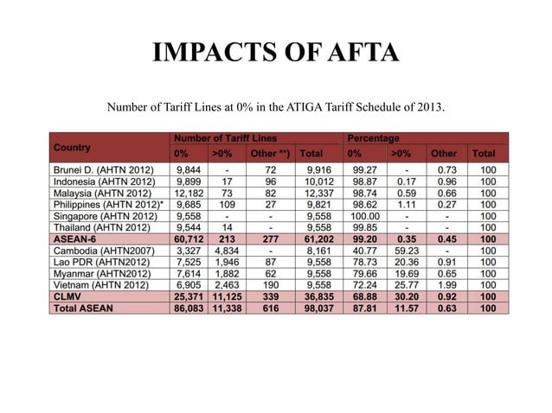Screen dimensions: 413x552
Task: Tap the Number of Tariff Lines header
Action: point(225,138)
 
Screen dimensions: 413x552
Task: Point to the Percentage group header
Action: point(373,138)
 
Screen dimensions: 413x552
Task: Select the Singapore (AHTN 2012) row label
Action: point(105,215)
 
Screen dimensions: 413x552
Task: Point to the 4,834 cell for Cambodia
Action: point(225,250)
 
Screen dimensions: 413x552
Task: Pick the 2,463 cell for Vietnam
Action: point(225,283)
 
